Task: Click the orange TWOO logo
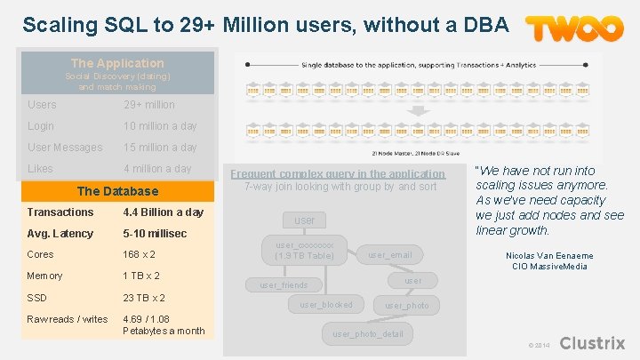click(x=574, y=28)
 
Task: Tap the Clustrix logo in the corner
click(x=593, y=343)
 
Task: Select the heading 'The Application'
click(x=117, y=63)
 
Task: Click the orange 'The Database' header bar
click(x=117, y=191)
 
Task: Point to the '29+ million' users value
click(x=149, y=105)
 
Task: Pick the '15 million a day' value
click(x=160, y=148)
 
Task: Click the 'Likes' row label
click(x=40, y=169)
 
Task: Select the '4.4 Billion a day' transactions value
click(x=164, y=212)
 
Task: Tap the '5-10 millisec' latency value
click(x=155, y=234)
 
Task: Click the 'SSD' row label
click(x=38, y=298)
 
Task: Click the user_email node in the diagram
click(x=390, y=255)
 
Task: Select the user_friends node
click(x=284, y=285)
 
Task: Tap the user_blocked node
click(x=325, y=305)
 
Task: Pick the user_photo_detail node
click(x=367, y=334)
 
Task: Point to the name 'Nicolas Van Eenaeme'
click(x=550, y=256)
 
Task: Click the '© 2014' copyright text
click(x=538, y=345)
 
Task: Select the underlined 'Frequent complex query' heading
click(x=338, y=174)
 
